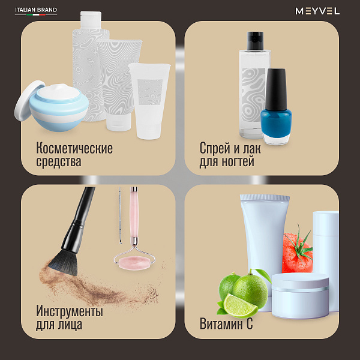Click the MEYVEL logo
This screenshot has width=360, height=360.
(317, 11)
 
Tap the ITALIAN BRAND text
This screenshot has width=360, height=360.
(36, 10)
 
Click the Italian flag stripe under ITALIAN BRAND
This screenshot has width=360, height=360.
(36, 14)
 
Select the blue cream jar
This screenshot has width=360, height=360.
(59, 107)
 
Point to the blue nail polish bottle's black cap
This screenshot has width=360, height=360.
(276, 89)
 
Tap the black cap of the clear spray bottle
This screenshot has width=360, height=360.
(255, 41)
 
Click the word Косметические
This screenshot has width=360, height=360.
(74, 148)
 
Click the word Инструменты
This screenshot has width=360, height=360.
(70, 311)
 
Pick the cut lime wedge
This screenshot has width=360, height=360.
(240, 305)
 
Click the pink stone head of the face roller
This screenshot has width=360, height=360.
(134, 263)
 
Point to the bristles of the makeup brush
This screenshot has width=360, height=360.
(64, 262)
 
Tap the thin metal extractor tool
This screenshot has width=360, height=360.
(120, 215)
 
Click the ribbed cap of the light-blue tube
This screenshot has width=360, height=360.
(265, 197)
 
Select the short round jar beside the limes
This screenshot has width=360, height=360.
(300, 296)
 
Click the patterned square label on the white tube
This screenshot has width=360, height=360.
(150, 92)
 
